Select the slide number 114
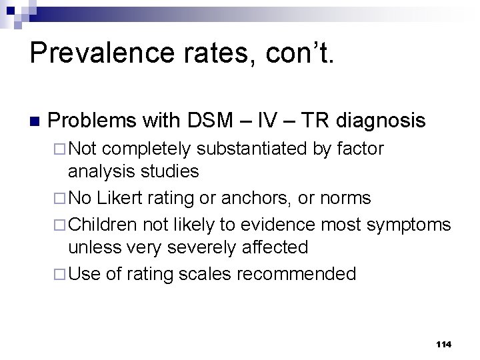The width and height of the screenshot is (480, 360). pos(443,344)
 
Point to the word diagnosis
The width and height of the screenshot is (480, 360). pos(381,121)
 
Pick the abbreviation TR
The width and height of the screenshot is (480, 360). pos(313,121)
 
